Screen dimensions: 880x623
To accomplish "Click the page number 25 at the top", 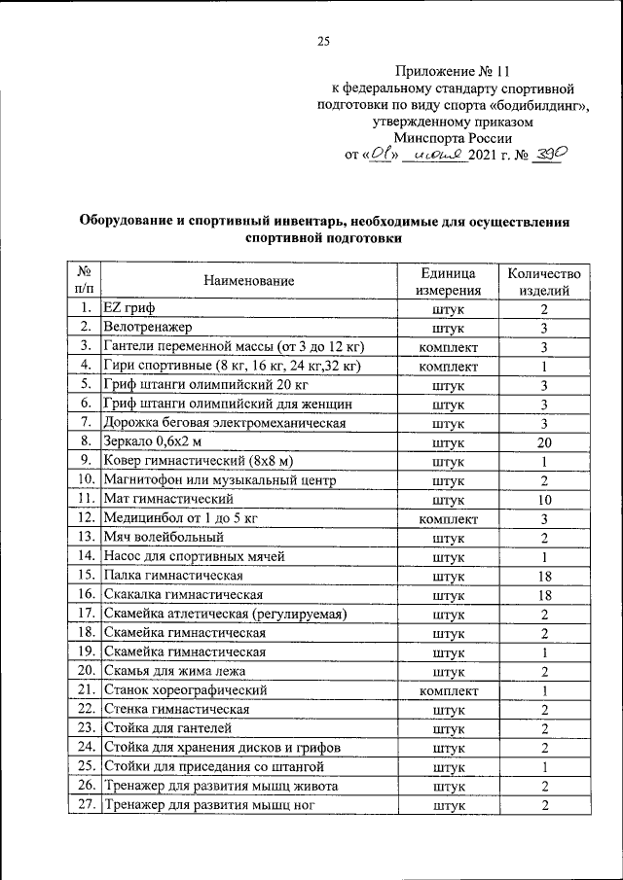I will pyautogui.click(x=323, y=40).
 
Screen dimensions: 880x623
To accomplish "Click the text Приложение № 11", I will pyautogui.click(x=454, y=71).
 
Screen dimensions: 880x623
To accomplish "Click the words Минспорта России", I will pyautogui.click(x=455, y=138).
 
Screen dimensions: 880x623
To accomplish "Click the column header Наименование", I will pyautogui.click(x=249, y=280).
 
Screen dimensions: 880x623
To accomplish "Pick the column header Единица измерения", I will pyautogui.click(x=448, y=280).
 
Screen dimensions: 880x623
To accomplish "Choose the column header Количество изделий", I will pyautogui.click(x=545, y=280).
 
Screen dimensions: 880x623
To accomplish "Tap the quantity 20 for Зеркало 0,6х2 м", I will pyautogui.click(x=545, y=440).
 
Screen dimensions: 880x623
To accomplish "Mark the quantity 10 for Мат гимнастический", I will pyautogui.click(x=545, y=500).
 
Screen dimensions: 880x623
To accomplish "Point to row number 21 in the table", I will pyautogui.click(x=85, y=690).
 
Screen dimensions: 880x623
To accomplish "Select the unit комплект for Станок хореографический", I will pyautogui.click(x=448, y=690).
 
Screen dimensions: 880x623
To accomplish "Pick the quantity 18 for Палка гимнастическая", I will pyautogui.click(x=545, y=576).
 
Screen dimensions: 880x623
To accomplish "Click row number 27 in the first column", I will pyautogui.click(x=85, y=805).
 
